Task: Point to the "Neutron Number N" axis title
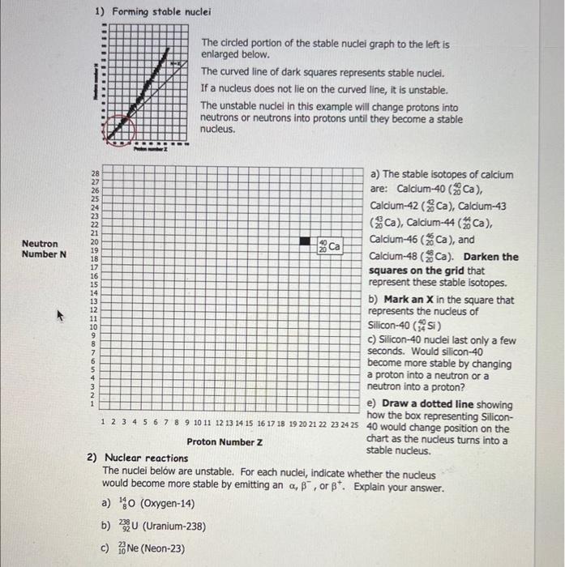40,249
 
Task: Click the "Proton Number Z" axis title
225,441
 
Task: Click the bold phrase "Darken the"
491,257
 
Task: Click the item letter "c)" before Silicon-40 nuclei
374,340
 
